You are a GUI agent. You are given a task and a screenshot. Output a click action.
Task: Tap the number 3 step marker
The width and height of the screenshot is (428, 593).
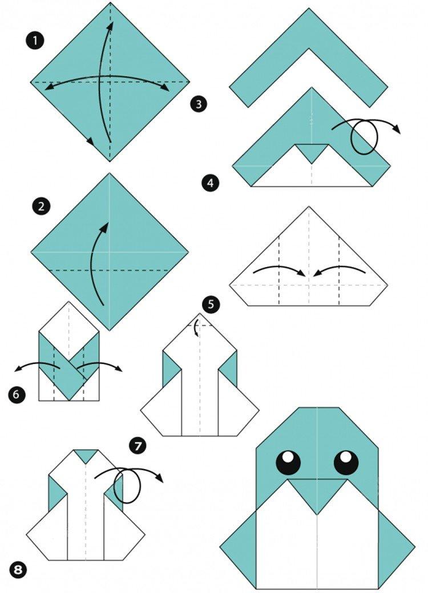tap(198, 104)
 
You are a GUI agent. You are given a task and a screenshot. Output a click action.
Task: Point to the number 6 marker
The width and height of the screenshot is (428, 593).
tap(17, 393)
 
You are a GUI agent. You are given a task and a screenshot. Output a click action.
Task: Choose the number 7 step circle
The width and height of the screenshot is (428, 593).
tap(137, 445)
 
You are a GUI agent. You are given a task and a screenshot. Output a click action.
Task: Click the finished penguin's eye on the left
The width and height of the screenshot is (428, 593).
tap(288, 462)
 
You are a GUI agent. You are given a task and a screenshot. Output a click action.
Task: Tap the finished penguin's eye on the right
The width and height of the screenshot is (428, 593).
tap(346, 462)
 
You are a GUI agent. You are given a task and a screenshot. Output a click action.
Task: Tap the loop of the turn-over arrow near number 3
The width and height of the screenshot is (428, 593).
tap(364, 137)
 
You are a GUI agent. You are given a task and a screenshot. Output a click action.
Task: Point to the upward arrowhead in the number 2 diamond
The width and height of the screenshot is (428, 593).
tap(104, 226)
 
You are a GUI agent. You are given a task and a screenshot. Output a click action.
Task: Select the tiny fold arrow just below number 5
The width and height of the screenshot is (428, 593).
tap(197, 328)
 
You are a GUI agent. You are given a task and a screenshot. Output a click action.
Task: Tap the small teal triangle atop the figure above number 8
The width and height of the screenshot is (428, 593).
tap(85, 455)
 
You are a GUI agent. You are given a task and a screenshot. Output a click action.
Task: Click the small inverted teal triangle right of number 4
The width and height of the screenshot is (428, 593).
tap(312, 152)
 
